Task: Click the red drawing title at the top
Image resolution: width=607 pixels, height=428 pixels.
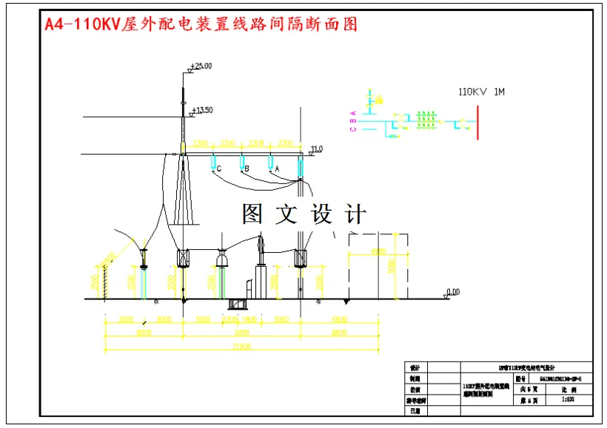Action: pyautogui.click(x=201, y=24)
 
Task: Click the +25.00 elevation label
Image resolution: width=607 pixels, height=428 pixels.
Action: pyautogui.click(x=201, y=67)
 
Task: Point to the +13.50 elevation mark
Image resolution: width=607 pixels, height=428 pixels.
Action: pyautogui.click(x=202, y=111)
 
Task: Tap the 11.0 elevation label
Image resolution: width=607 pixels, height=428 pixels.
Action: pyautogui.click(x=317, y=149)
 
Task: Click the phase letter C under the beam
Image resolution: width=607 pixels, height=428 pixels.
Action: pyautogui.click(x=219, y=169)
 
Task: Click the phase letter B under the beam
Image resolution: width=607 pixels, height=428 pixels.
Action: pyautogui.click(x=247, y=169)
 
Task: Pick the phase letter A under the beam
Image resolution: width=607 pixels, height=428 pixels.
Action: pyautogui.click(x=277, y=169)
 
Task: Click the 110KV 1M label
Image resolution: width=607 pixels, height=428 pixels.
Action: pyautogui.click(x=481, y=92)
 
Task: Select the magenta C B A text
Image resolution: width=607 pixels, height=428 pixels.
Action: pyautogui.click(x=354, y=120)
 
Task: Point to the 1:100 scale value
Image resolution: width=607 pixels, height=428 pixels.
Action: pyautogui.click(x=569, y=399)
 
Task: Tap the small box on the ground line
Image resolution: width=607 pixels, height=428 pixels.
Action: pyautogui.click(x=238, y=303)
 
